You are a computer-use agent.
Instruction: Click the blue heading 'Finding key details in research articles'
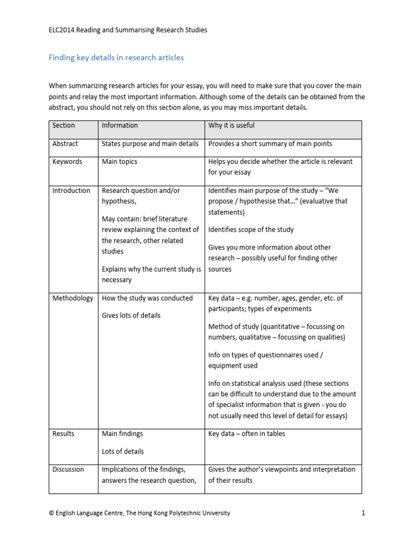point(116,58)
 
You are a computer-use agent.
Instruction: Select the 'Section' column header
point(64,126)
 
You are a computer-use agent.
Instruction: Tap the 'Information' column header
point(120,126)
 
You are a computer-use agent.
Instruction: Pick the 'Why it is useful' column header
point(231,126)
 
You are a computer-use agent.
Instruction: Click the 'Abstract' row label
point(65,144)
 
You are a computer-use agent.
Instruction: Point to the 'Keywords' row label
point(67,162)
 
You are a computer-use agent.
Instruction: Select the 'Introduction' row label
point(71,191)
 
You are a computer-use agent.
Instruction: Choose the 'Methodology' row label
point(73,299)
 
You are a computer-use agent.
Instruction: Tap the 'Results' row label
point(64,434)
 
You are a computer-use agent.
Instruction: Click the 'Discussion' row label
point(68,470)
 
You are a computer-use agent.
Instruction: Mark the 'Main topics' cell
point(120,162)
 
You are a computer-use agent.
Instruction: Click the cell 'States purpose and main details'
point(150,144)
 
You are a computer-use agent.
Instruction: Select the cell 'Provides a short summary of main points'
point(270,144)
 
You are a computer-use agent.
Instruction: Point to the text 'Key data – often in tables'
point(247,434)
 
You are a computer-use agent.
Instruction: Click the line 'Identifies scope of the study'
point(251,230)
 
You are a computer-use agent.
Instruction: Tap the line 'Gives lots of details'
point(131,315)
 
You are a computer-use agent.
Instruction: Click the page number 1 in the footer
point(363,513)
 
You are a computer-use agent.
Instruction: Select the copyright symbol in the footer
point(51,513)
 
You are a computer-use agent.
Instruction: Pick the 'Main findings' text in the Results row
point(122,434)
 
